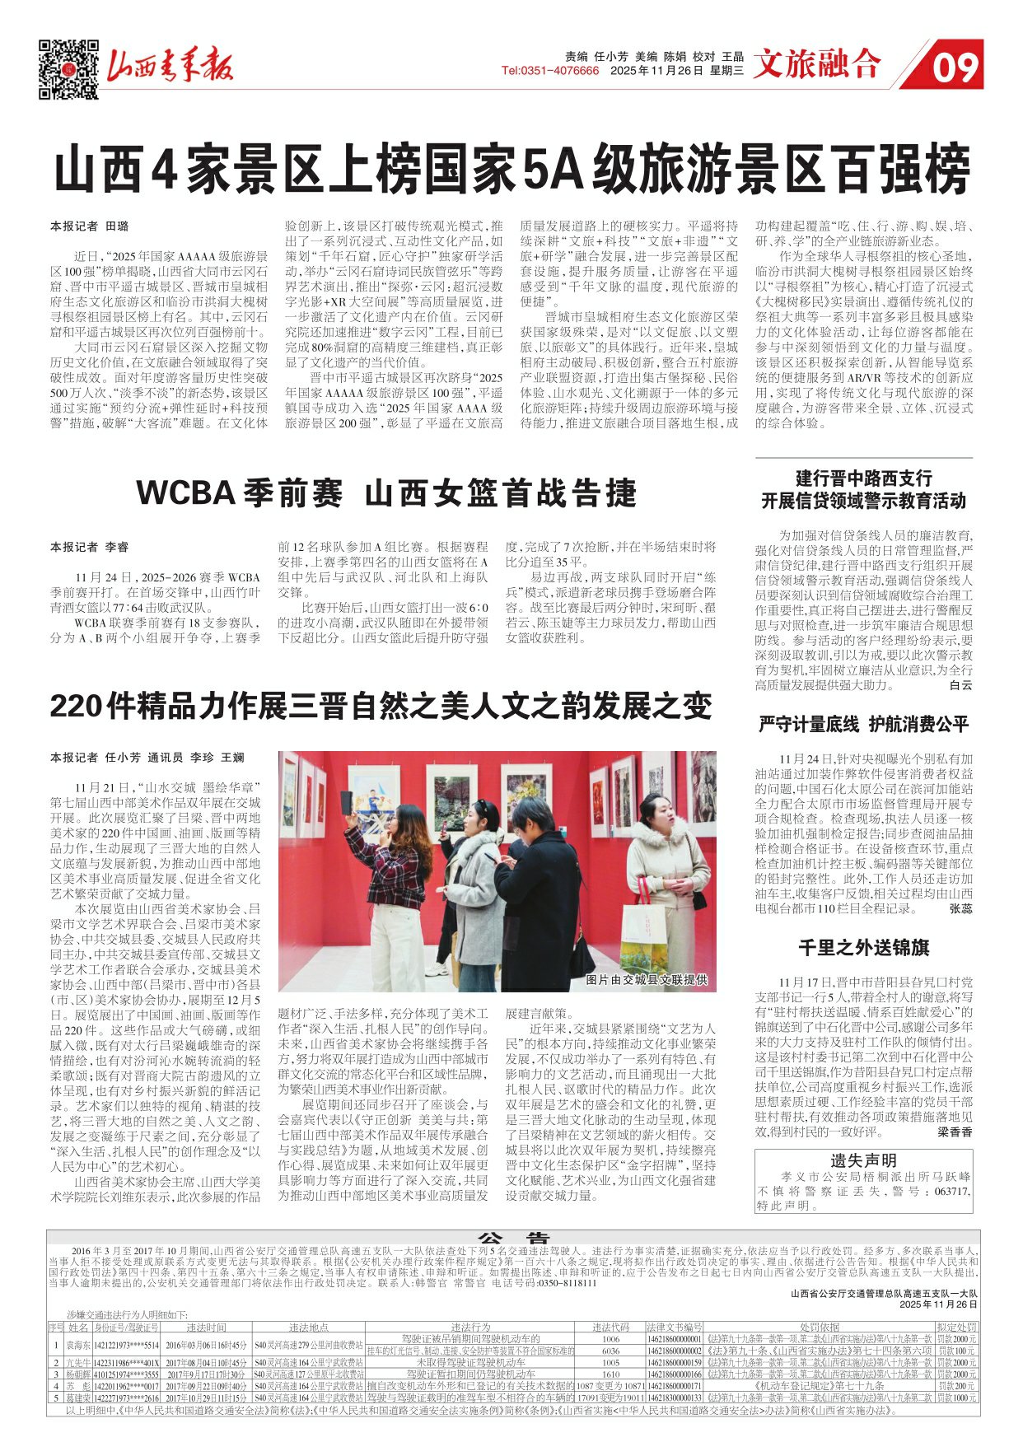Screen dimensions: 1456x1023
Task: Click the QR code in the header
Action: pyautogui.click(x=68, y=69)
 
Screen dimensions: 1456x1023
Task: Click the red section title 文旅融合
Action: pyautogui.click(x=816, y=64)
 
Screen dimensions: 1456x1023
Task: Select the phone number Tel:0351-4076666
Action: pyautogui.click(x=550, y=71)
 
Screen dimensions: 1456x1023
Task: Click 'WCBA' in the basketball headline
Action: pyautogui.click(x=185, y=492)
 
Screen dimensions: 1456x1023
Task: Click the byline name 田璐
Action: pyautogui.click(x=118, y=226)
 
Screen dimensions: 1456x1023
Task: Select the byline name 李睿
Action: pyautogui.click(x=118, y=546)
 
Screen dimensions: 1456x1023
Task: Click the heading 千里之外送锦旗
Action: pyautogui.click(x=863, y=947)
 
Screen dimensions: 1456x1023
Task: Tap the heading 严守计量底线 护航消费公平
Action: pyautogui.click(x=863, y=724)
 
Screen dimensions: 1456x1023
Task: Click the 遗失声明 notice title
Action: pyautogui.click(x=863, y=1160)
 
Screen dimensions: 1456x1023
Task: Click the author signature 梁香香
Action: pyautogui.click(x=955, y=1132)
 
